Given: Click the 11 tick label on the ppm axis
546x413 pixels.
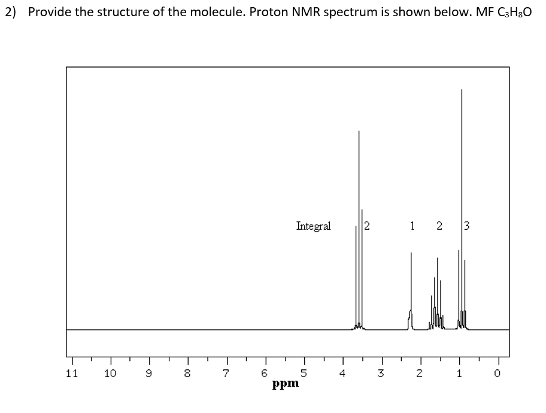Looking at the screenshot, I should pos(71,373).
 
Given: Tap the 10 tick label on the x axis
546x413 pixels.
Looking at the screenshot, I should pos(110,373).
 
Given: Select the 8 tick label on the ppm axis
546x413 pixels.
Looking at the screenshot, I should pos(187,373).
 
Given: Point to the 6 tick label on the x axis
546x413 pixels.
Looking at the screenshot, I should pos(265,373).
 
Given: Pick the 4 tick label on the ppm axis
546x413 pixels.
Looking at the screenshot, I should pos(342,373).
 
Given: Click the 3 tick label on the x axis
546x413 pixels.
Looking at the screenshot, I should pos(381,373).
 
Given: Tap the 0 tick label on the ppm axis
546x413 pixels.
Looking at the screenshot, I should pos(498,373).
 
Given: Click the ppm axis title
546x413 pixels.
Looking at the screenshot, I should pos(285,384).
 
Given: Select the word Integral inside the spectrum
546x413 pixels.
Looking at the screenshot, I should pos(313,226).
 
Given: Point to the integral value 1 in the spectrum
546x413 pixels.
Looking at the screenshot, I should pos(412,226).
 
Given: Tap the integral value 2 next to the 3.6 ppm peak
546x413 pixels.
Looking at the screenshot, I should pos(367,226).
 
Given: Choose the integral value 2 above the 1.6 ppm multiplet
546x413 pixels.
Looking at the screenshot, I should pos(439,226).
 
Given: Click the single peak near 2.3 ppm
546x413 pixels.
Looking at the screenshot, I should pos(411,287).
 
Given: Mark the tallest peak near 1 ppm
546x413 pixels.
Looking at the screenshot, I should pos(462,180).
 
